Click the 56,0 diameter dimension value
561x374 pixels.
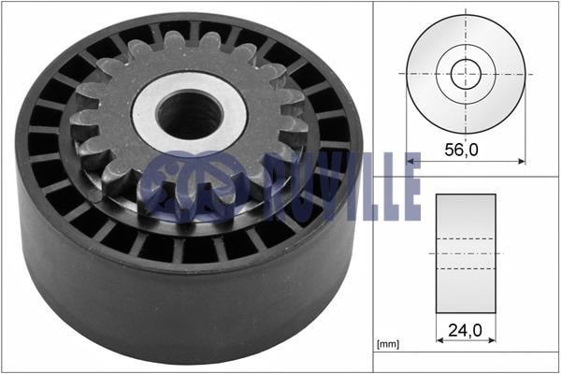coord(461,150)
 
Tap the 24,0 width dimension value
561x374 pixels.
coord(465,330)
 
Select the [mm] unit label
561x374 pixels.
coord(388,344)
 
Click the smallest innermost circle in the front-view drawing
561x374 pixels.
coord(466,74)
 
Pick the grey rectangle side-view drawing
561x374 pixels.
coord(466,253)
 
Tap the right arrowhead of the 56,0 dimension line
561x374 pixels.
coord(522,162)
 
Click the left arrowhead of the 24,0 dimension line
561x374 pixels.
coord(439,340)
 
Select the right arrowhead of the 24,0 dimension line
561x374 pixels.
coord(492,340)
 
